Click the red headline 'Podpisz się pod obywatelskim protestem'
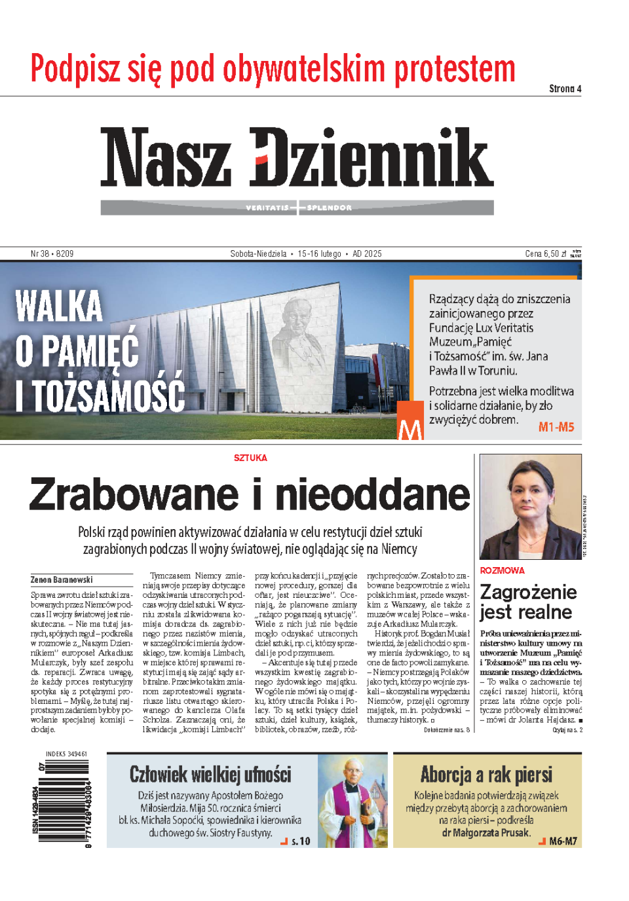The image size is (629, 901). click(273, 69)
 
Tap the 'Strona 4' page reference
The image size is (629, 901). click(565, 89)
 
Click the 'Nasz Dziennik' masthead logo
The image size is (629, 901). click(296, 157)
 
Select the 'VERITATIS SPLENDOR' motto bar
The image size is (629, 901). click(298, 208)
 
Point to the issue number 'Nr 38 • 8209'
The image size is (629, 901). click(52, 253)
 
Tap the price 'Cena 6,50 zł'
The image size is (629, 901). click(545, 253)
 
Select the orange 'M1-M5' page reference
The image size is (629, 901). click(556, 427)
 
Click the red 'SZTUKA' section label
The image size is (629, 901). click(250, 458)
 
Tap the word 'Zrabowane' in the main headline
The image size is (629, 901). click(134, 494)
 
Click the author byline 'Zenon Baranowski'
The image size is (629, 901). click(62, 579)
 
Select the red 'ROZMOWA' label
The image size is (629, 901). click(502, 570)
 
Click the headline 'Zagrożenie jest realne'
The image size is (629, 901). click(527, 602)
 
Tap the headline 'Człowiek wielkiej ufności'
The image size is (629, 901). click(210, 775)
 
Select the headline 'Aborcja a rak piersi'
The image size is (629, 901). click(486, 775)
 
